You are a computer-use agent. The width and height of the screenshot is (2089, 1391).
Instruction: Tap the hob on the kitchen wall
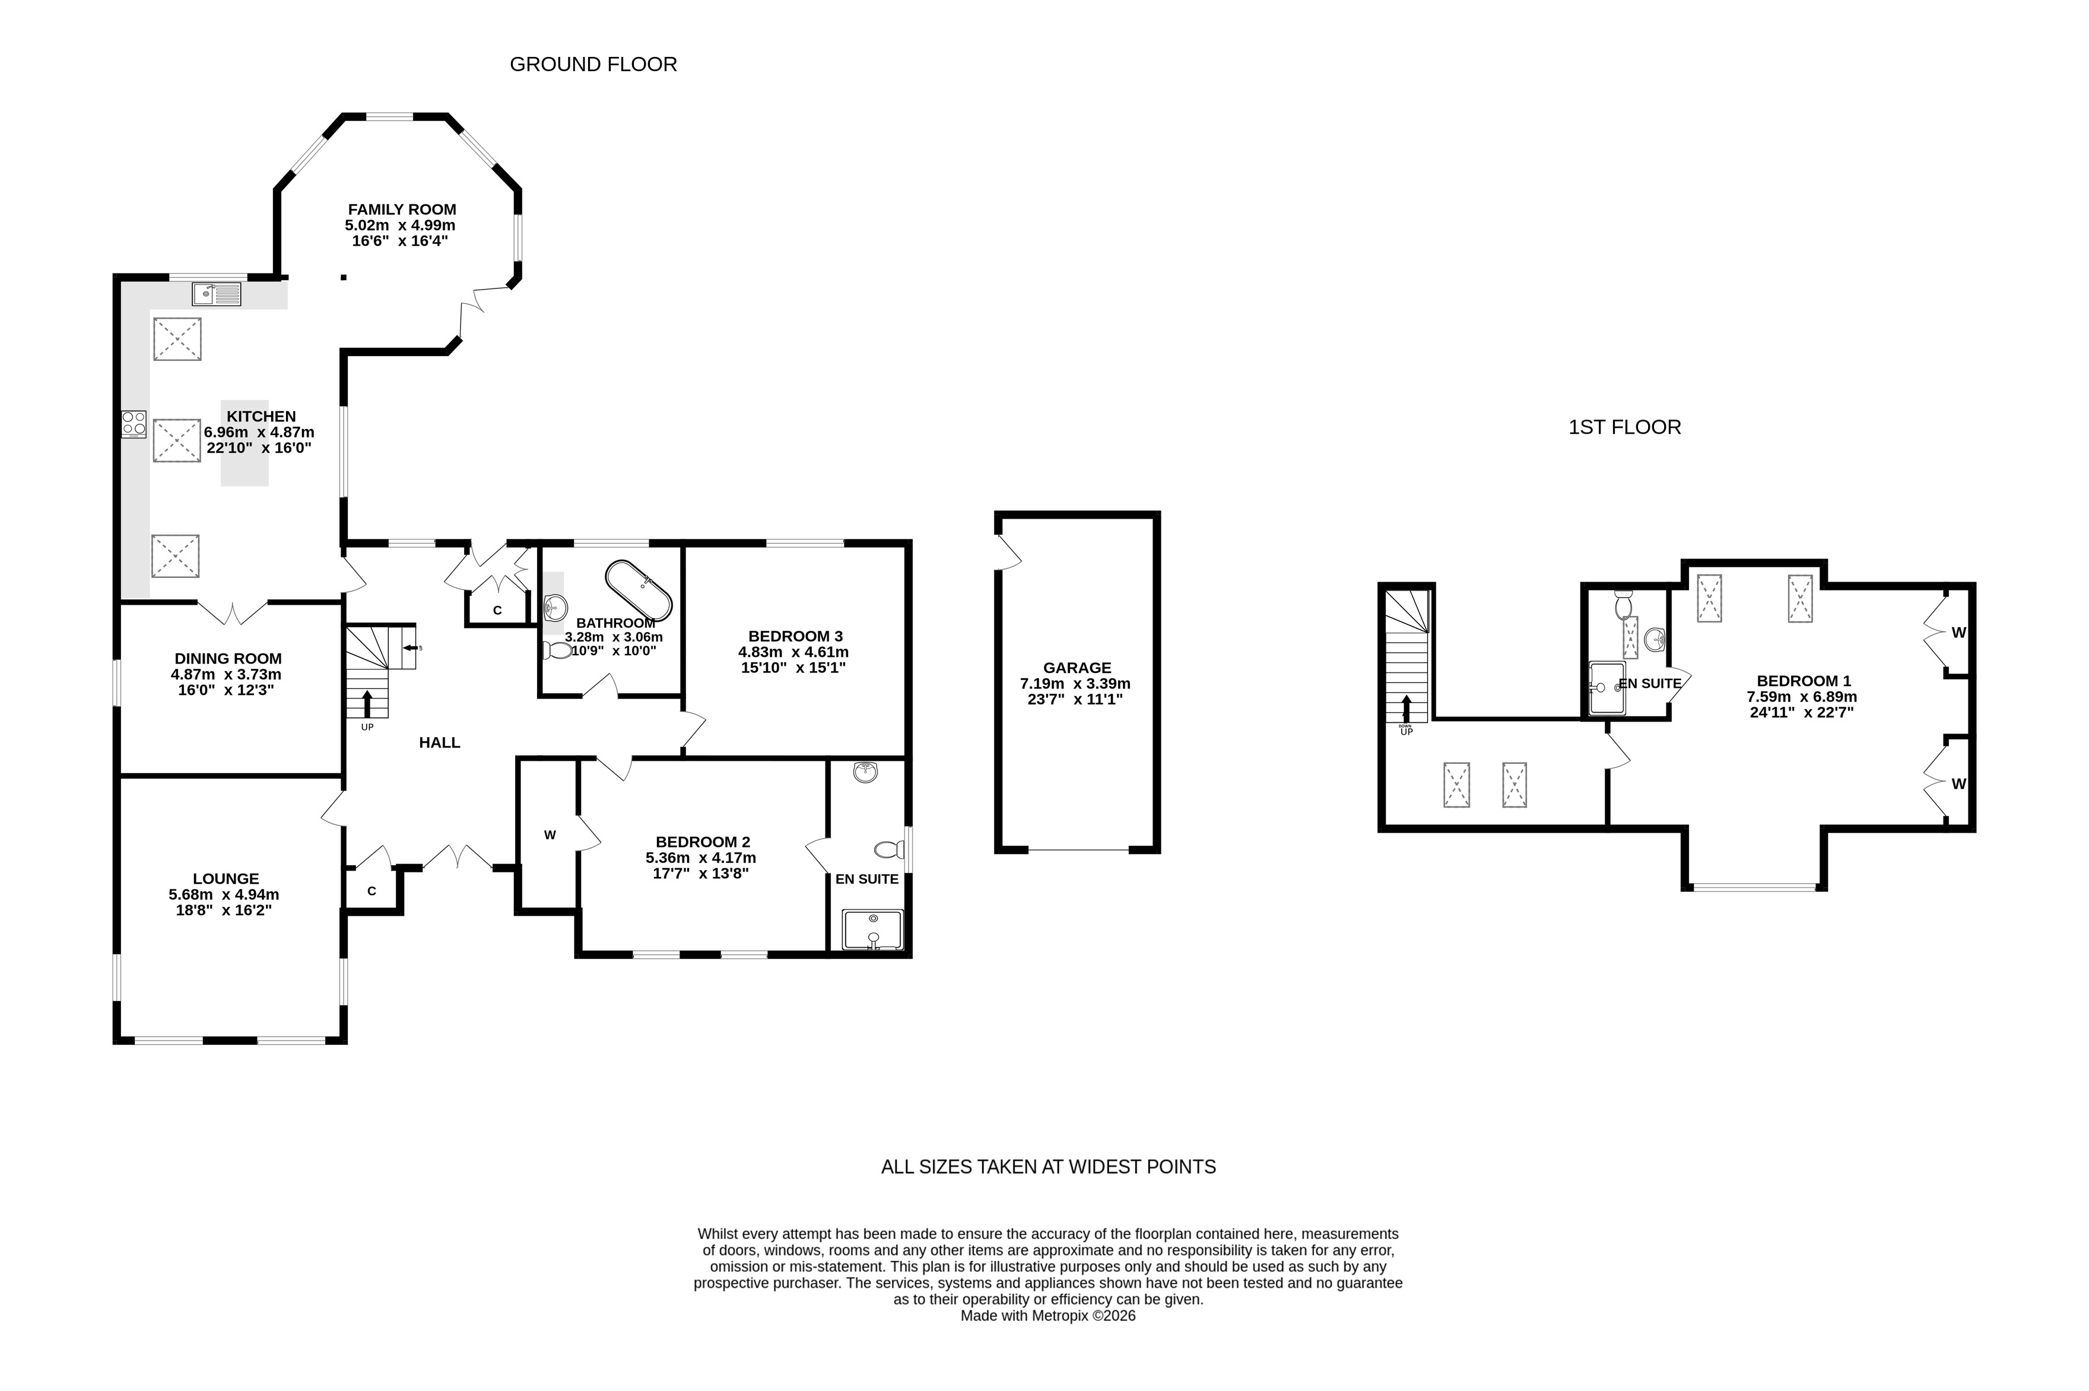click(x=134, y=424)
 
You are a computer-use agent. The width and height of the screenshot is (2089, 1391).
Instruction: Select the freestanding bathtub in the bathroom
click(x=638, y=590)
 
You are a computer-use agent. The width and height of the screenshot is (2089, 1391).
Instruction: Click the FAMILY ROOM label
click(x=402, y=209)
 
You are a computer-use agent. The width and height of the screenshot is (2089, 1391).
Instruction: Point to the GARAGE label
click(x=1077, y=668)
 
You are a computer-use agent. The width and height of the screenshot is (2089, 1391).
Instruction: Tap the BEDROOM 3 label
click(x=795, y=636)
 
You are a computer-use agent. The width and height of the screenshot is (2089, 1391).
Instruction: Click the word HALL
click(x=439, y=742)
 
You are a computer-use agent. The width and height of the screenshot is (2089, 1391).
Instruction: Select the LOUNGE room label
click(x=226, y=879)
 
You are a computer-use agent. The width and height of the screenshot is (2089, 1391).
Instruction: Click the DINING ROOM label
click(x=228, y=658)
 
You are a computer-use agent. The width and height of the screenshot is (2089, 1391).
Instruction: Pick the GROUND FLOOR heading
click(x=593, y=64)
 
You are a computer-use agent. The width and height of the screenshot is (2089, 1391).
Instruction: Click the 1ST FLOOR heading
click(x=1624, y=427)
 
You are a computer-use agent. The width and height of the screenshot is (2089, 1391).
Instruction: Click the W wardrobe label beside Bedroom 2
click(x=550, y=835)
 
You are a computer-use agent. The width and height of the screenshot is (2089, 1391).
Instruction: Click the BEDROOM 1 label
click(x=1804, y=681)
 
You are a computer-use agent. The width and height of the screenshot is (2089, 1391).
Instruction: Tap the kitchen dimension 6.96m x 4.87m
click(x=259, y=432)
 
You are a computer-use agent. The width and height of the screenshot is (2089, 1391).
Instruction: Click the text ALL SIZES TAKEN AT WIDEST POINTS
click(x=1049, y=1167)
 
